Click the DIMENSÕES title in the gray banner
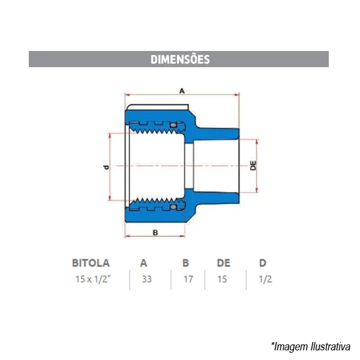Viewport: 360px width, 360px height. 180,59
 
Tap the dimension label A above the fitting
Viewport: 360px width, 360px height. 182,91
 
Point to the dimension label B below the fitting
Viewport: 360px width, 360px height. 155,233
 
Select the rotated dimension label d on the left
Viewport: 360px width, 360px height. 106,167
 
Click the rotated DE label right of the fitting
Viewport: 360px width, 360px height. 253,166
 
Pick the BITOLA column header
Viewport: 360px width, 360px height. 91,263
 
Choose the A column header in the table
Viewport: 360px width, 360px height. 144,263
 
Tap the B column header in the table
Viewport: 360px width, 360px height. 185,263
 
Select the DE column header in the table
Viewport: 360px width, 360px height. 223,263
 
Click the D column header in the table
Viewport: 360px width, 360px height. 263,263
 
